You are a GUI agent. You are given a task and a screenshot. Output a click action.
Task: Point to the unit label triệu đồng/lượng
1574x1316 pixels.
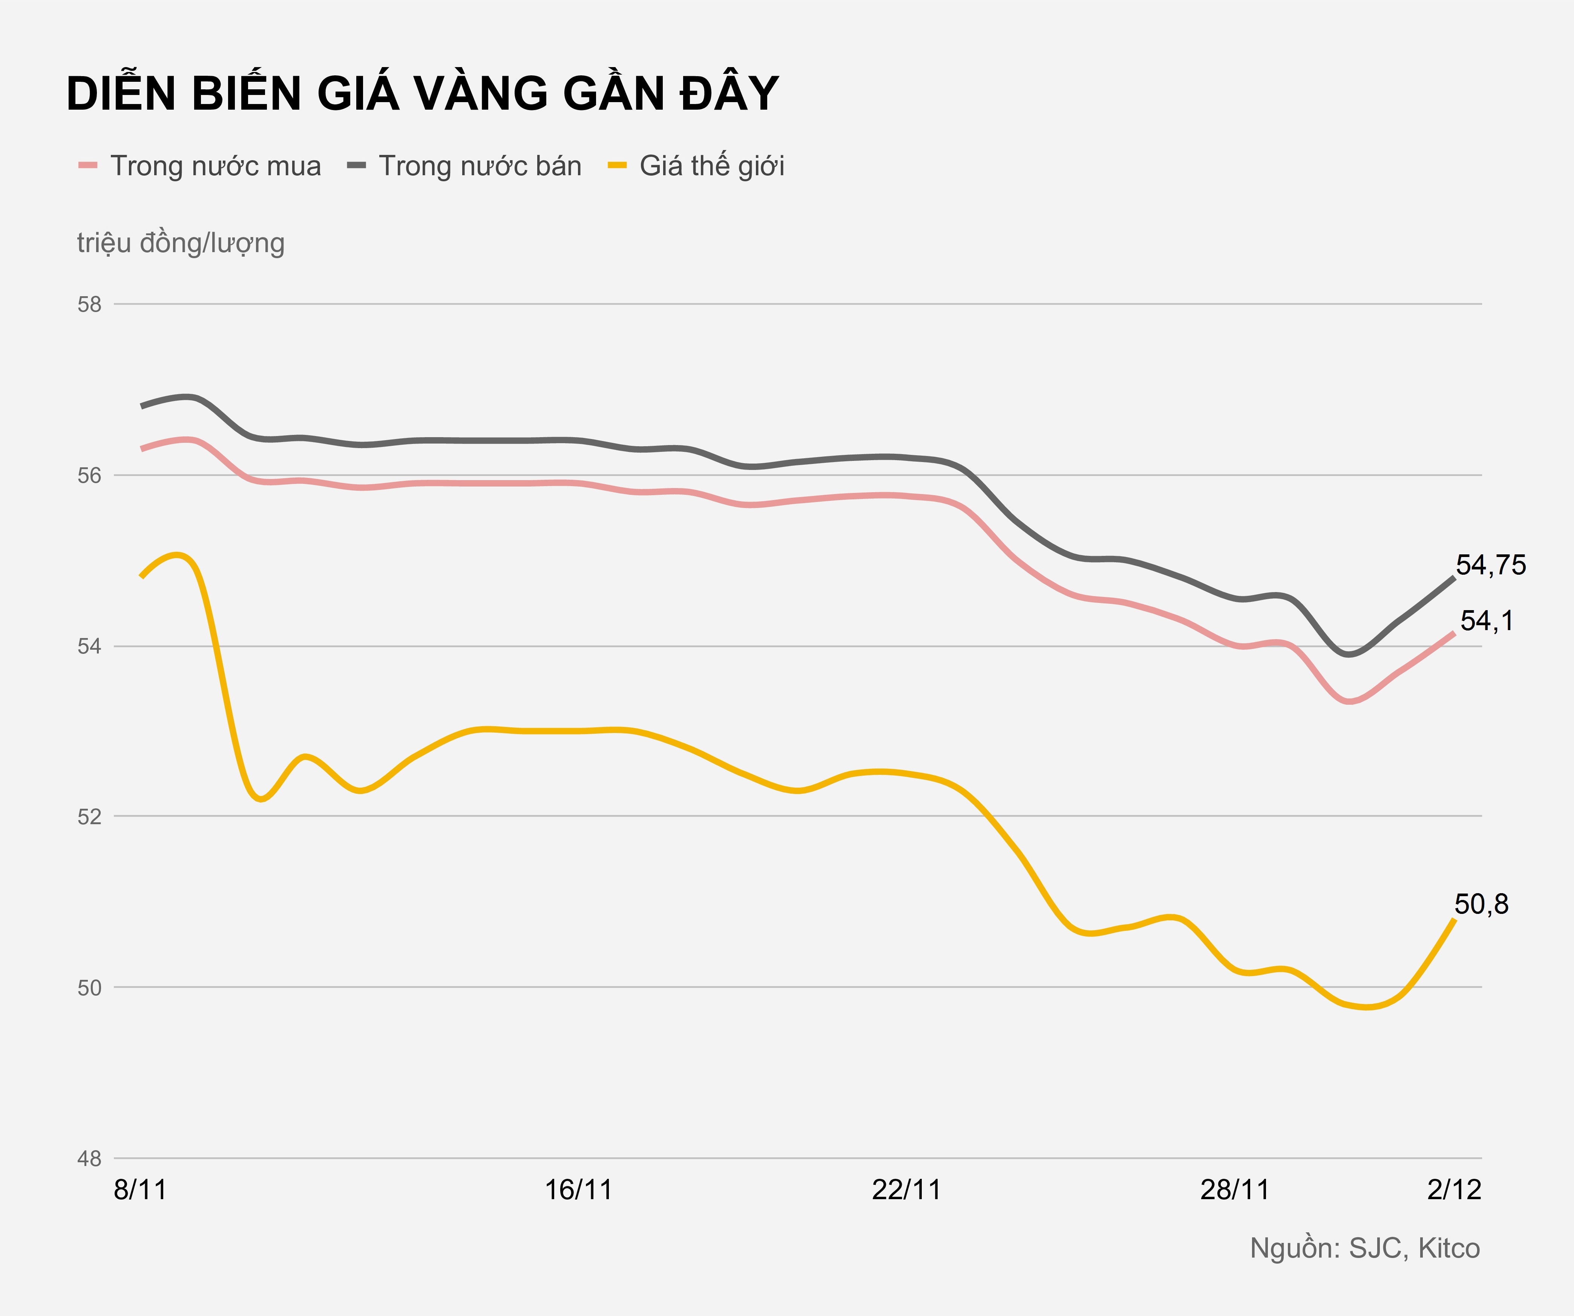click(x=181, y=243)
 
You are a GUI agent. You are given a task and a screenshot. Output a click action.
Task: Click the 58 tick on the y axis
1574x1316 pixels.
click(x=89, y=305)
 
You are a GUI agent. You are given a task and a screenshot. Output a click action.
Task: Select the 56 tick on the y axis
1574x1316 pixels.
click(x=89, y=476)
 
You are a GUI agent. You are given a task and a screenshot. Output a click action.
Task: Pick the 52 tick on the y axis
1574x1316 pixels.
click(x=89, y=817)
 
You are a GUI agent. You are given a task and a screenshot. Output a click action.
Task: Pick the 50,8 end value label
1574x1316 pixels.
click(x=1481, y=904)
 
